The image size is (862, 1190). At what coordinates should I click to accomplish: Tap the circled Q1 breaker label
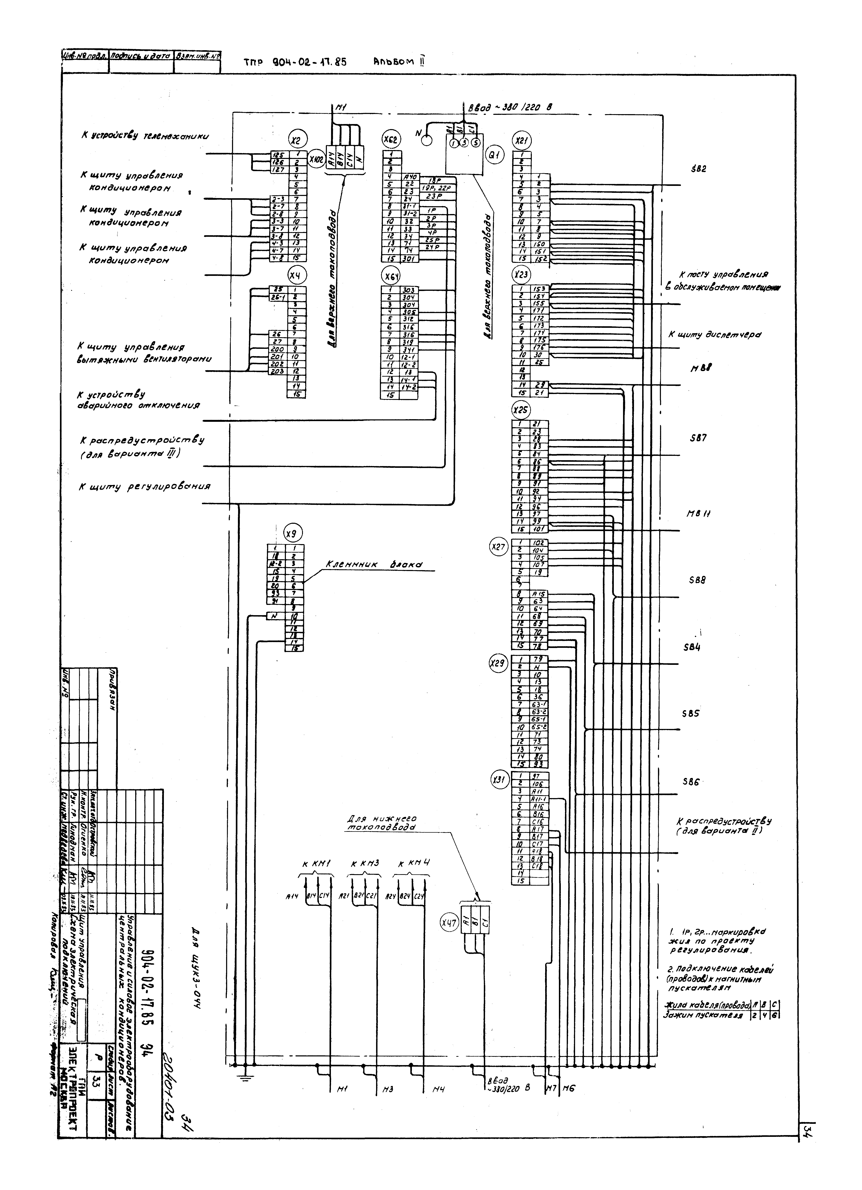tap(494, 155)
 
